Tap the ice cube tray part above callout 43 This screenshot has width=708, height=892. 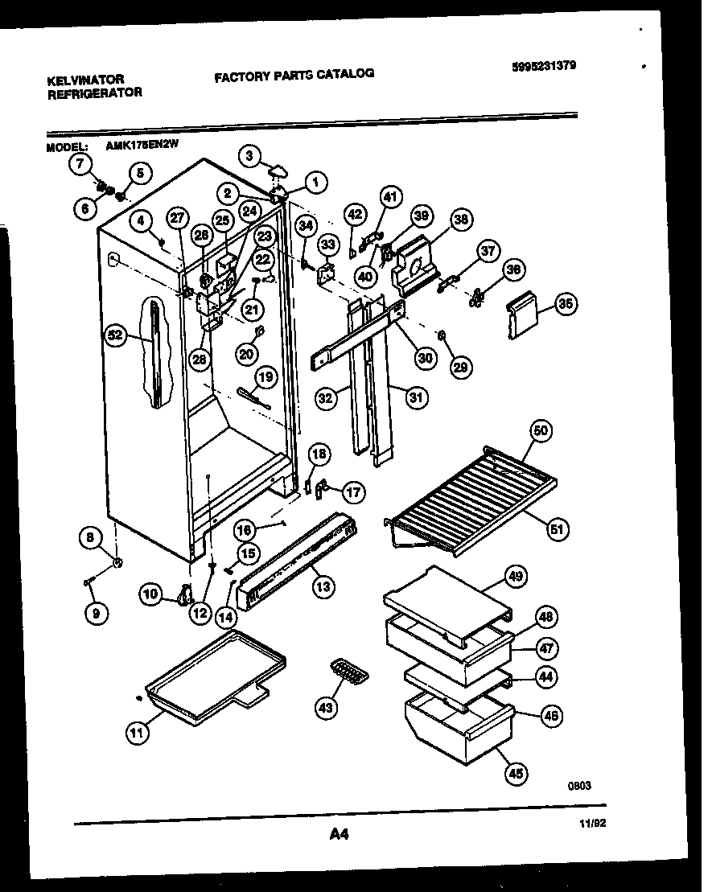pos(347,672)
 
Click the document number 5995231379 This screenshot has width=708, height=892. pos(543,67)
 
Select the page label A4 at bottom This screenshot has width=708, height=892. pos(339,835)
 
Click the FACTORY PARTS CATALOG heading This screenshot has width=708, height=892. pos(294,74)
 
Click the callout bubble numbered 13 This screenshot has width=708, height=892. pos(323,586)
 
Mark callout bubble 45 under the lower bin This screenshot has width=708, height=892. pos(515,774)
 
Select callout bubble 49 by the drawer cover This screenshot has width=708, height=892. pos(515,575)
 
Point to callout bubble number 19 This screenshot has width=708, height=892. pos(265,377)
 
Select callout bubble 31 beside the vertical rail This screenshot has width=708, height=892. pos(417,397)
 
